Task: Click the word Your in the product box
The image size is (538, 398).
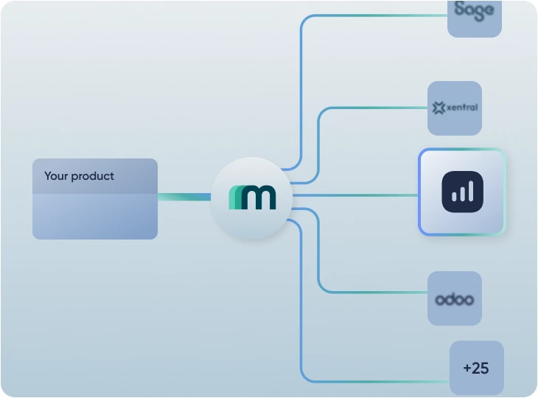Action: pos(56,176)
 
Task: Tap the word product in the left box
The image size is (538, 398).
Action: pos(93,177)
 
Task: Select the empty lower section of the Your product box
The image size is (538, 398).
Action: pos(94,217)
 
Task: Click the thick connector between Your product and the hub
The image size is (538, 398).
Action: pos(184,197)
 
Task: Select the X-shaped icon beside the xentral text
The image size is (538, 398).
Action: pos(439,108)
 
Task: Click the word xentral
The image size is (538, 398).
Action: pos(462,108)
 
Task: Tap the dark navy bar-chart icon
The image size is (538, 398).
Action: pos(462,192)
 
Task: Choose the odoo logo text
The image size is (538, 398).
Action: pos(454,299)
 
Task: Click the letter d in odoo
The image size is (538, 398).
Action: pos(449,298)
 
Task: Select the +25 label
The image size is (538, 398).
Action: pos(476,368)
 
